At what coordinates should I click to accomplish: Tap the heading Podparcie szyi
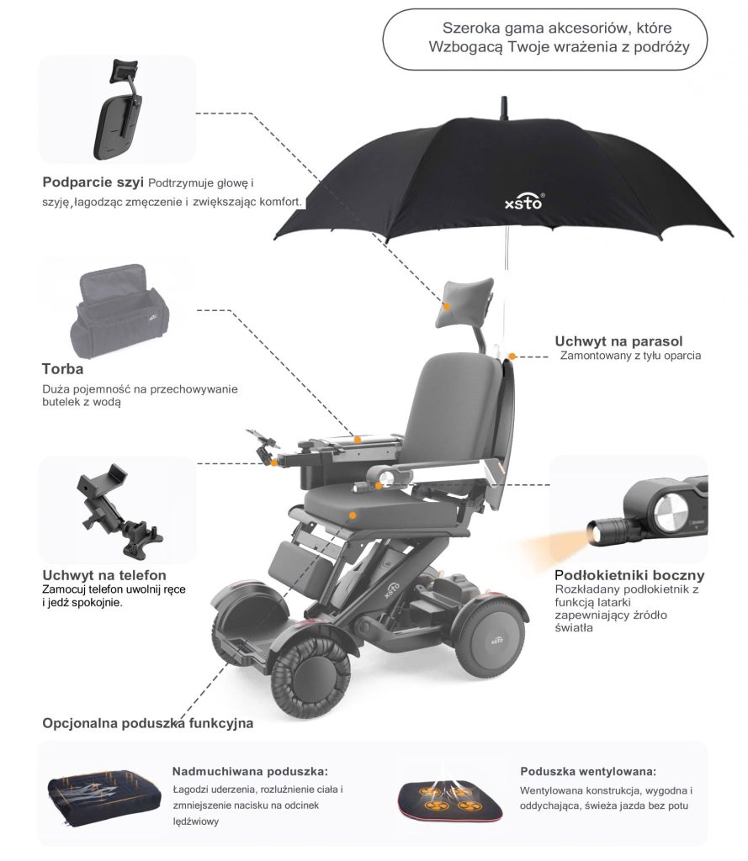pyautogui.click(x=93, y=182)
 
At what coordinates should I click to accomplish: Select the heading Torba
pyautogui.click(x=62, y=369)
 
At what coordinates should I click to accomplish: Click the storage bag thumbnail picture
pyautogui.click(x=119, y=311)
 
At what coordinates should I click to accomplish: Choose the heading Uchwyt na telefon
pyautogui.click(x=103, y=575)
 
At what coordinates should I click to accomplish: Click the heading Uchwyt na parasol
pyautogui.click(x=618, y=341)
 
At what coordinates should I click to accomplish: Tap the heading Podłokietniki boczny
pyautogui.click(x=629, y=575)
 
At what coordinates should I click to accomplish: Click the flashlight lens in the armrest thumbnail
pyautogui.click(x=594, y=532)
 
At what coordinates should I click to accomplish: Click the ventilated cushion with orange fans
pyautogui.click(x=450, y=799)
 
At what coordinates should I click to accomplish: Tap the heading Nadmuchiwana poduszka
pyautogui.click(x=250, y=772)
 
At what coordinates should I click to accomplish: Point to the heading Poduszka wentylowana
pyautogui.click(x=588, y=772)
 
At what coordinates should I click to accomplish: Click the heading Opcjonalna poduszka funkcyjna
pyautogui.click(x=148, y=723)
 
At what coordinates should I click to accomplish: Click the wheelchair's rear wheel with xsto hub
pyautogui.click(x=490, y=639)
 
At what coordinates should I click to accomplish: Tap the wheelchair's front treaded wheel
pyautogui.click(x=311, y=678)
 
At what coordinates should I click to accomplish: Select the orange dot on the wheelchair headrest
pyautogui.click(x=447, y=306)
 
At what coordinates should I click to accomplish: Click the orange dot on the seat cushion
pyautogui.click(x=353, y=515)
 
